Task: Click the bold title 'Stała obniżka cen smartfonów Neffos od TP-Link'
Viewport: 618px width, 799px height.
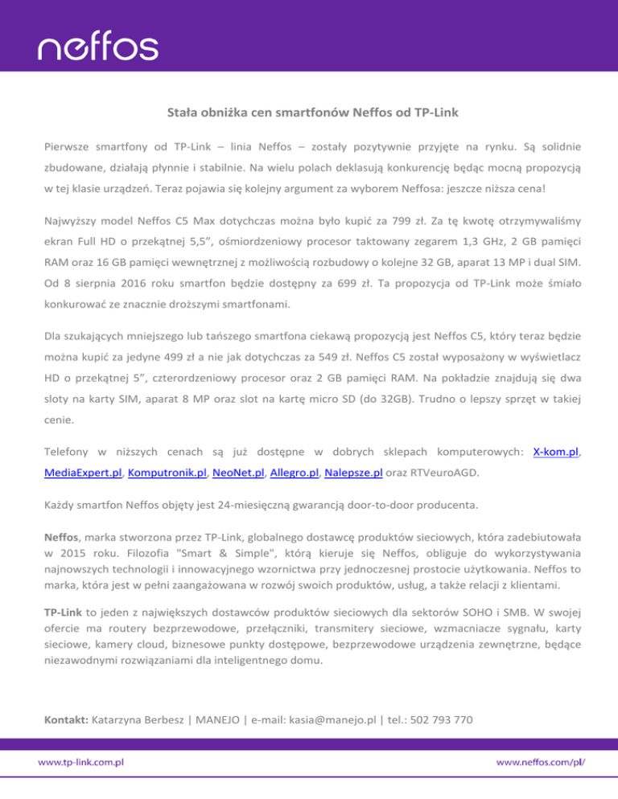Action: pyautogui.click(x=308, y=114)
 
